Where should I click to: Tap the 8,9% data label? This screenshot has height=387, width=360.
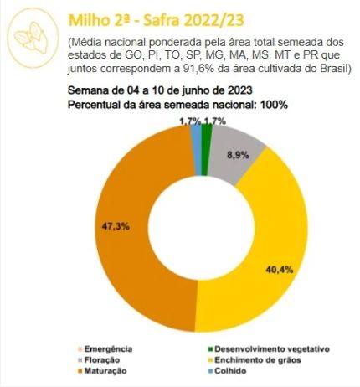click(x=239, y=154)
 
